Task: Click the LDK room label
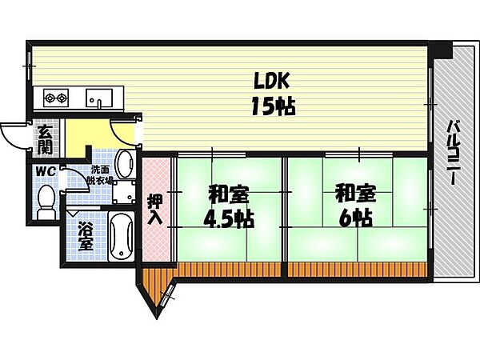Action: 271,81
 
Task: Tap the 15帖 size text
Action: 273,106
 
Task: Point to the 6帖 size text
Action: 355,218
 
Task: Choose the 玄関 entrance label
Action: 46,139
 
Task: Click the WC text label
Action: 46,171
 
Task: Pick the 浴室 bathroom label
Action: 86,236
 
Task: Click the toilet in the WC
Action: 46,202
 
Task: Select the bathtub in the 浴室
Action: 122,236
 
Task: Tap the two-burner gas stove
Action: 56,98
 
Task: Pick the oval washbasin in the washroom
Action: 126,164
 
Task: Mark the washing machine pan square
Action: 124,192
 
